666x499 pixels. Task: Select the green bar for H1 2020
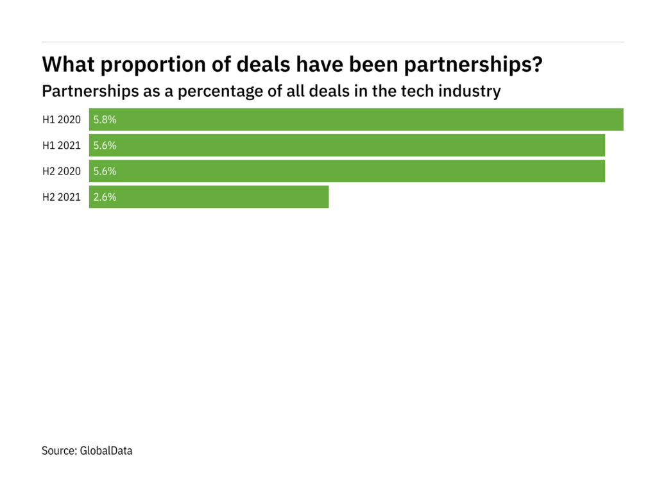[x=356, y=119]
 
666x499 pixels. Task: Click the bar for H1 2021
[x=346, y=146]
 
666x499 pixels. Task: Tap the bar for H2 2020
[x=346, y=171]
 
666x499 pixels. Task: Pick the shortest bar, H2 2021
[x=209, y=197]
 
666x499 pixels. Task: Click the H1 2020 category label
[x=62, y=119]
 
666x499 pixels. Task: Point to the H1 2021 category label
[x=62, y=146]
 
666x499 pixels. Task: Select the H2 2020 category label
[x=62, y=171]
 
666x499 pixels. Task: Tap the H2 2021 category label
[x=62, y=197]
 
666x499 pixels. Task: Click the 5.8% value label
[x=105, y=119]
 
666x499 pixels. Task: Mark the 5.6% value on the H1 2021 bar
[x=105, y=146]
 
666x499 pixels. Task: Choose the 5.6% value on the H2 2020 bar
[x=105, y=171]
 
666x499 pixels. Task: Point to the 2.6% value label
[x=105, y=197]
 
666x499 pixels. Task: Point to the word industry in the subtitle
[x=472, y=91]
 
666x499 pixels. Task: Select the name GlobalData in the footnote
[x=106, y=451]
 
